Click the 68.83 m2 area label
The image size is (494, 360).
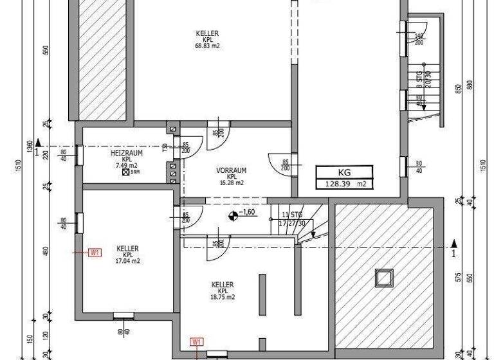[208, 46]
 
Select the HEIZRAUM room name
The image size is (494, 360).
[126, 154]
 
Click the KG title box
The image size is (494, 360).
[343, 172]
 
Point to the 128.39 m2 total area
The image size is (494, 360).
[343, 184]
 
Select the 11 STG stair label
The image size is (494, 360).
[291, 214]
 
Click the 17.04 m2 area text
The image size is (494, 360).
[127, 262]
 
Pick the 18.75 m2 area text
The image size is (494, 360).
[222, 298]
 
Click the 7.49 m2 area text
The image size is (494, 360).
[122, 166]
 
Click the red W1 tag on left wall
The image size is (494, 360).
[95, 253]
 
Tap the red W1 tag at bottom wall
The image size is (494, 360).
[197, 342]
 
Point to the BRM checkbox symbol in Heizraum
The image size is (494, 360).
[126, 172]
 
